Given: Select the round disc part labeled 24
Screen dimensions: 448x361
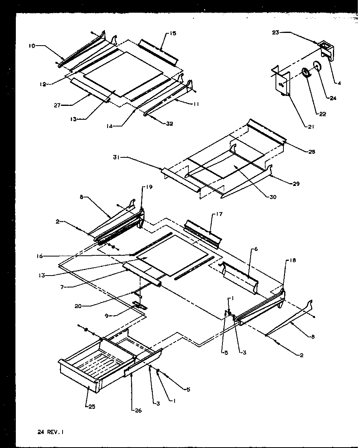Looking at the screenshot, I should [317, 66].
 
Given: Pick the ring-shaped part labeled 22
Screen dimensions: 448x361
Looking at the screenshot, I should [306, 73].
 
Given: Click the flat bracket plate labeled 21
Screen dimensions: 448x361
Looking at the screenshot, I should [282, 83].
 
